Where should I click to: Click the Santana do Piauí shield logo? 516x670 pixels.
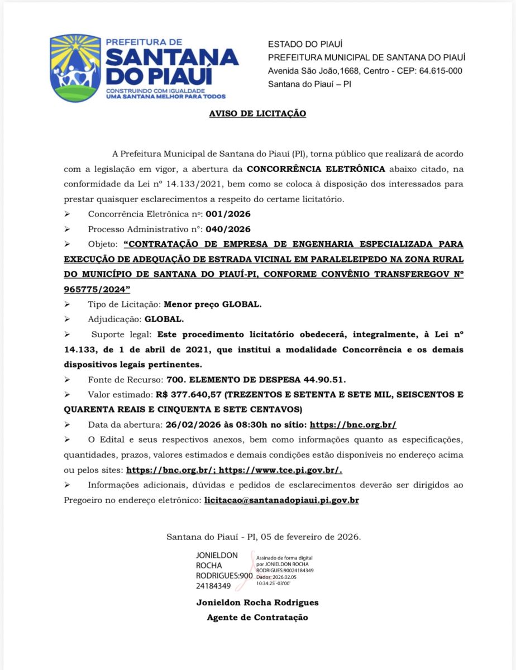point(75,68)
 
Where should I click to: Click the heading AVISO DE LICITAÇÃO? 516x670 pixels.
point(257,113)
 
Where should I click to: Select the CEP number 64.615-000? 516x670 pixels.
point(436,70)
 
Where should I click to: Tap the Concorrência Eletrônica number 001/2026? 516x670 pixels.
point(228,214)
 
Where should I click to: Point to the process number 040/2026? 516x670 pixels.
point(228,229)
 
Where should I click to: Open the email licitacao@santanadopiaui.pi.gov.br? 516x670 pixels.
point(281,500)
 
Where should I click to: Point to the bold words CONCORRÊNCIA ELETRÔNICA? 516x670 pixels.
point(316,168)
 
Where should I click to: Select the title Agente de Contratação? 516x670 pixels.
point(257,618)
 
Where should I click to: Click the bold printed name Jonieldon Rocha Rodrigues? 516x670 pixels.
point(257,602)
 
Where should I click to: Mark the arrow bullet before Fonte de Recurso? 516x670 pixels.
point(68,380)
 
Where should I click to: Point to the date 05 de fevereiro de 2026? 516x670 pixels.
point(309,537)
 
